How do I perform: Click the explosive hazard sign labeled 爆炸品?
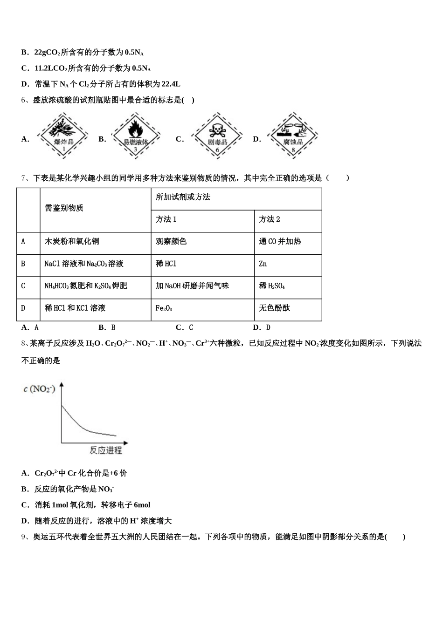click(63, 136)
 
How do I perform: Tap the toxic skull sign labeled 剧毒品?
click(217, 136)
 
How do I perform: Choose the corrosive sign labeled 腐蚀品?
click(293, 136)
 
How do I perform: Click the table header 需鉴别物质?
click(64, 208)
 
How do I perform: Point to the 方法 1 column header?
click(166, 219)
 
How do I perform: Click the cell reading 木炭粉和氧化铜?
click(72, 241)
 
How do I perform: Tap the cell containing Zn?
click(263, 264)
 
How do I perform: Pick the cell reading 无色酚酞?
click(275, 308)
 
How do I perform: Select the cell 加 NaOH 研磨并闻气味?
click(192, 286)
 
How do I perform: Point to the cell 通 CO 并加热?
click(280, 241)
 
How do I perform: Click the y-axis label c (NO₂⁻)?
click(39, 388)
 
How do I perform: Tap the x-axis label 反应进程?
click(106, 450)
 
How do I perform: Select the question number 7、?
click(26, 177)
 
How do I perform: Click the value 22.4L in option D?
click(171, 84)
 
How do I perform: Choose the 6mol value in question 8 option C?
click(140, 505)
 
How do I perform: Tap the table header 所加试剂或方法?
click(183, 197)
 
